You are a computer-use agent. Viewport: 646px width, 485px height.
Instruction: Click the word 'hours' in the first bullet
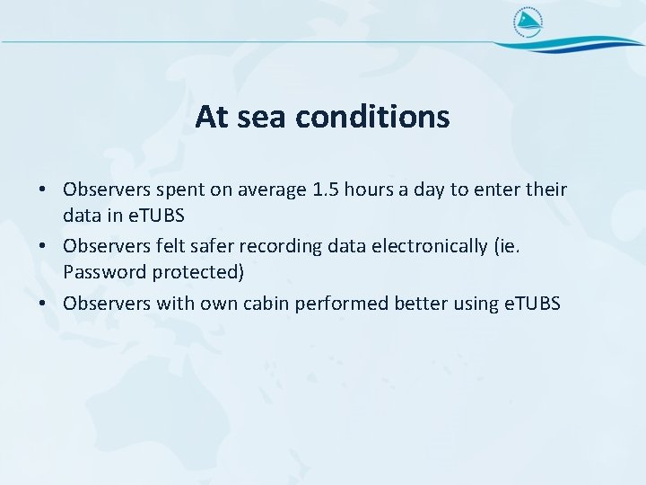point(365,190)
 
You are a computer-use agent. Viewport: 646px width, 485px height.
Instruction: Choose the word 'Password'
point(104,270)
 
